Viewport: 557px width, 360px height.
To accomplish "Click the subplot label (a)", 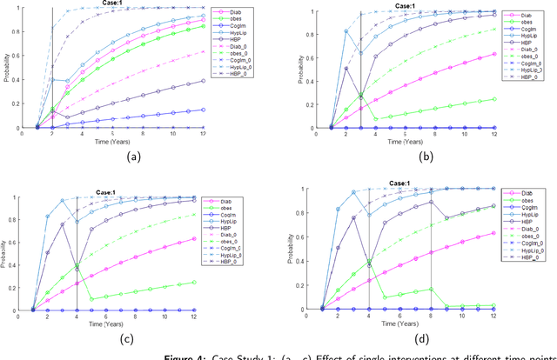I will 134,157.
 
